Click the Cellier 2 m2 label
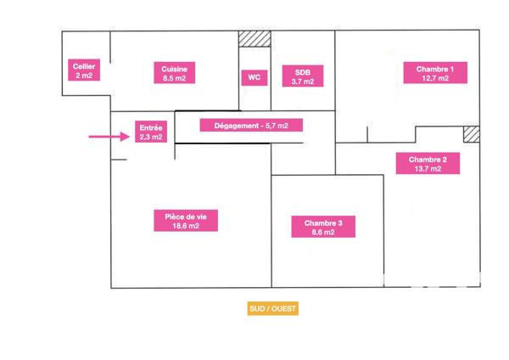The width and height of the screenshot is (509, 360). pyautogui.click(x=84, y=70)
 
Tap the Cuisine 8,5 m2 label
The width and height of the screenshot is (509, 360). pyautogui.click(x=174, y=72)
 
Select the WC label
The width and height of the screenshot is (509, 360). pyautogui.click(x=255, y=77)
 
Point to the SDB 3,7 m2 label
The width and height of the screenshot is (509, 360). pyautogui.click(x=303, y=76)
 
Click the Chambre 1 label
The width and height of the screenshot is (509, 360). pyautogui.click(x=435, y=73)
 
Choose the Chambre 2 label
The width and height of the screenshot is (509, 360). pyautogui.click(x=428, y=163)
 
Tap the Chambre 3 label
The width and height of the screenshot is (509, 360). pyautogui.click(x=323, y=227)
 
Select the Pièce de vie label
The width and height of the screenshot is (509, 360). pyautogui.click(x=186, y=221)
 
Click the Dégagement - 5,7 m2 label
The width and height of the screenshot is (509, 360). pyautogui.click(x=251, y=125)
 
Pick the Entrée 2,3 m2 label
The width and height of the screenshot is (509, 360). pyautogui.click(x=151, y=132)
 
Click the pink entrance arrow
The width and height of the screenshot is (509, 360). pyautogui.click(x=109, y=137)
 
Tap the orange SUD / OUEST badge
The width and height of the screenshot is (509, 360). pyautogui.click(x=273, y=308)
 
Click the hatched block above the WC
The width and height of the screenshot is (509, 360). pyautogui.click(x=255, y=39)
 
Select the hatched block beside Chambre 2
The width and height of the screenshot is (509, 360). pyautogui.click(x=472, y=134)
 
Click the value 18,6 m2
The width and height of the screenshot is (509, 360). pyautogui.click(x=186, y=226)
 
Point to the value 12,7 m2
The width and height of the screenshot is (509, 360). pyautogui.click(x=435, y=78)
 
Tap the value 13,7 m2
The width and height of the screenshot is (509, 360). pyautogui.click(x=428, y=169)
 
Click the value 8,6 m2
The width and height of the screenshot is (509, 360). pyautogui.click(x=323, y=232)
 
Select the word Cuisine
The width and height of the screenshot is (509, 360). pyautogui.click(x=174, y=69)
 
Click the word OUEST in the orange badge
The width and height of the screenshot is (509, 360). pyautogui.click(x=283, y=308)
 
